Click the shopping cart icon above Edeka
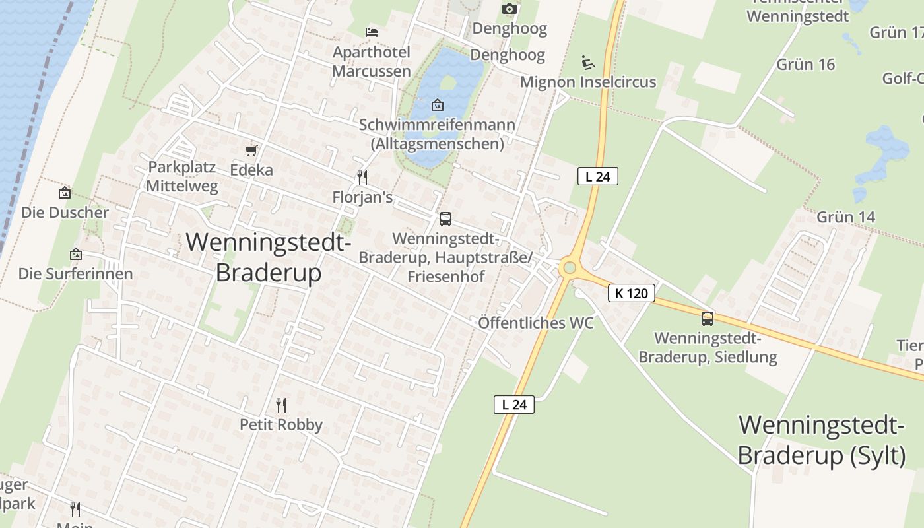(x=251, y=151)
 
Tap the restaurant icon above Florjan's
(x=362, y=177)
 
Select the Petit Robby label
(x=281, y=424)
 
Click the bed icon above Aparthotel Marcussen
(x=372, y=32)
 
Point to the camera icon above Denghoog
(x=509, y=9)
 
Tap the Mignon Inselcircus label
(x=588, y=82)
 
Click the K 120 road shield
(x=631, y=293)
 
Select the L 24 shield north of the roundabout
(x=597, y=176)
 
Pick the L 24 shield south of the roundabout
(x=513, y=405)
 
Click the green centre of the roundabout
(x=568, y=269)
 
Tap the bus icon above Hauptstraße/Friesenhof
(x=445, y=219)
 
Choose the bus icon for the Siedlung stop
(x=708, y=319)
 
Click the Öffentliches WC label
(x=535, y=323)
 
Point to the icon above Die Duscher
(x=65, y=193)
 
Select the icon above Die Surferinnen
(x=76, y=254)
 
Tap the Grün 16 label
(x=806, y=64)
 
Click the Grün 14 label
(x=845, y=217)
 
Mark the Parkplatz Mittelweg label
(x=181, y=176)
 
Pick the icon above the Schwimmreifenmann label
(x=437, y=105)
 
